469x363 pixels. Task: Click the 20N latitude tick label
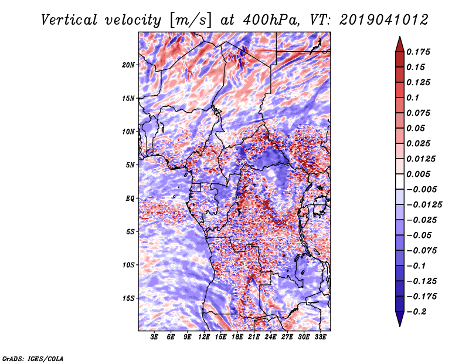128,65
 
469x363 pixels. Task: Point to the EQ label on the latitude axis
130,199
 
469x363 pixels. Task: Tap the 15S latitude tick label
128,298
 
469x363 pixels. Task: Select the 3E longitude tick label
154,337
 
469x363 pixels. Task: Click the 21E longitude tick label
254,337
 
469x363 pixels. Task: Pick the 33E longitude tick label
320,337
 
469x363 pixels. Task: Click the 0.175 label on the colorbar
418,52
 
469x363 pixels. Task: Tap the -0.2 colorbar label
416,312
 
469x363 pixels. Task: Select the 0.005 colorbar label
418,174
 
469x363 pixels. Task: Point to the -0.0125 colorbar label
424,205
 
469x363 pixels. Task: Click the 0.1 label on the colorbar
413,98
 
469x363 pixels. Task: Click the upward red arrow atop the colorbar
400,44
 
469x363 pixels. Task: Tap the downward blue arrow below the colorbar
400,319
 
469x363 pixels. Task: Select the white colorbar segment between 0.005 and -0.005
400,181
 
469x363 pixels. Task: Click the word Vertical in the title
69,20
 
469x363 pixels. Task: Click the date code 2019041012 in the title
384,20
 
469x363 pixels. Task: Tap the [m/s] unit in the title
191,21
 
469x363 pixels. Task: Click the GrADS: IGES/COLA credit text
33,358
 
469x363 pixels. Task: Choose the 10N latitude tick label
128,132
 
